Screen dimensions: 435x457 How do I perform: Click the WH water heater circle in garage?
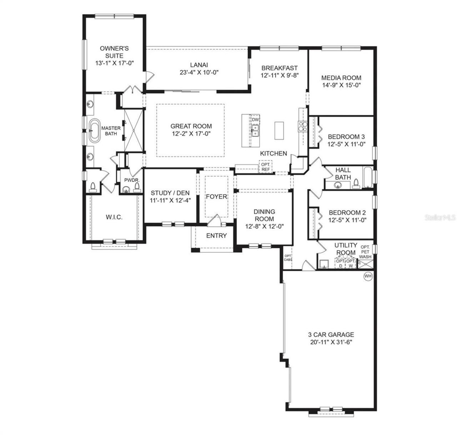pyautogui.click(x=368, y=276)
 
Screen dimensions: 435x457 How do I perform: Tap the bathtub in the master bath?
pyautogui.click(x=95, y=131)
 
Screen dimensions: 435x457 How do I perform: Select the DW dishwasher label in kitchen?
pyautogui.click(x=255, y=120)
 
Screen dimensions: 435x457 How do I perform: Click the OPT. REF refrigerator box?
pyautogui.click(x=265, y=167)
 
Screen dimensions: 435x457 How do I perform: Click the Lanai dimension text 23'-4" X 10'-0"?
pyautogui.click(x=199, y=72)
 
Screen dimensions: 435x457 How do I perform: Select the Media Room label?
pyautogui.click(x=341, y=78)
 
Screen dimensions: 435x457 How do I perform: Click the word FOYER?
pyautogui.click(x=216, y=197)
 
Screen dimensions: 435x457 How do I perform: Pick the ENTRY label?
pyautogui.click(x=216, y=236)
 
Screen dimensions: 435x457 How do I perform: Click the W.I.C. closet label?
pyautogui.click(x=114, y=217)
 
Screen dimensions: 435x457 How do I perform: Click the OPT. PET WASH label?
pyautogui.click(x=365, y=252)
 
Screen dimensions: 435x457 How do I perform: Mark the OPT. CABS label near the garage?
pyautogui.click(x=288, y=258)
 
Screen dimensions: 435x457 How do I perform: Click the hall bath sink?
pyautogui.click(x=338, y=185)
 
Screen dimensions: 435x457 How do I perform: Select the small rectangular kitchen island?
pyautogui.click(x=279, y=131)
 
